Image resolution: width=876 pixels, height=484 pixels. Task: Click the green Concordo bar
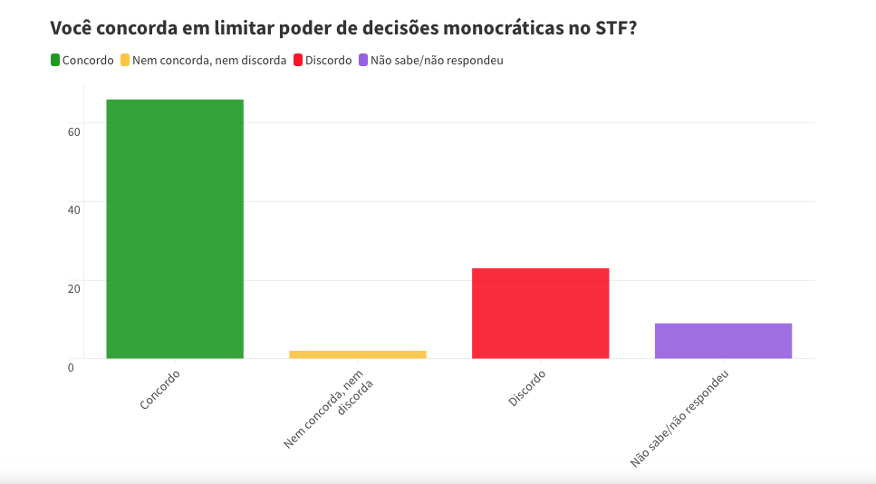click(175, 228)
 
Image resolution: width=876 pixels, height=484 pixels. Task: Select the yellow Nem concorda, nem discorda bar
click(357, 354)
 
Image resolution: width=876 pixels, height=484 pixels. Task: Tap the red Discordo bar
click(540, 313)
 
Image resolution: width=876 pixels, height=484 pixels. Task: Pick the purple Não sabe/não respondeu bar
click(723, 341)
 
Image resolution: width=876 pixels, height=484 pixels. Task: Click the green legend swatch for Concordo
click(55, 61)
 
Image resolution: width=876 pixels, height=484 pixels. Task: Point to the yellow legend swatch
click(125, 61)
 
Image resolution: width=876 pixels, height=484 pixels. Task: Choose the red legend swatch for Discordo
click(298, 61)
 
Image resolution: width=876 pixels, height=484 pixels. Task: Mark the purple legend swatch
click(363, 61)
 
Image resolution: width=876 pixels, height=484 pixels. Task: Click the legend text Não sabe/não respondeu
click(437, 61)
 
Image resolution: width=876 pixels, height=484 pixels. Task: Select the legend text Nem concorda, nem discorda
click(208, 61)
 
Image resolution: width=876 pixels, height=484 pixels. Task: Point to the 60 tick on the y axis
click(73, 131)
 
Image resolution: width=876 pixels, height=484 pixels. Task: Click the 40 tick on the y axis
click(73, 209)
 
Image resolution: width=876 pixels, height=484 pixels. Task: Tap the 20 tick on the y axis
click(73, 288)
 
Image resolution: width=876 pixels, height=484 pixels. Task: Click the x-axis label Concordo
click(161, 389)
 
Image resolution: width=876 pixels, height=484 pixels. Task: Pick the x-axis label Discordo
click(527, 388)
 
